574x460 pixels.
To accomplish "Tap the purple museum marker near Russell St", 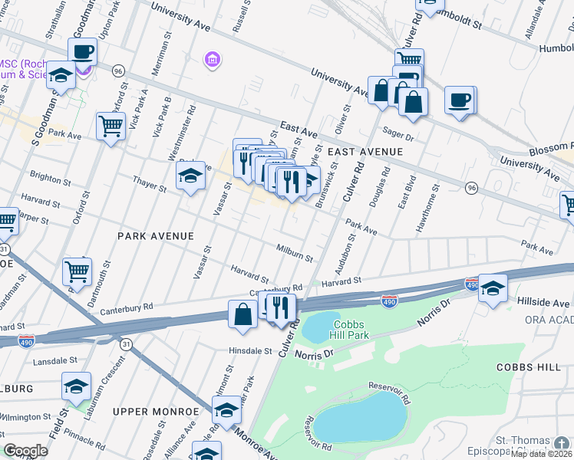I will (213, 59).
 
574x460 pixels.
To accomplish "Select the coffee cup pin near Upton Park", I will (83, 52).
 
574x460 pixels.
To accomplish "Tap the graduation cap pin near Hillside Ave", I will (493, 287).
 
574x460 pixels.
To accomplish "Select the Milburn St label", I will (295, 253).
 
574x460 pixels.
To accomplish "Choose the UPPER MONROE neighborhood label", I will (150, 412).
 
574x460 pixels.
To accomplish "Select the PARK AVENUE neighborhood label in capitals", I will (155, 236).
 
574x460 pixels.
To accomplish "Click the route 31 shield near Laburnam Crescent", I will (126, 344).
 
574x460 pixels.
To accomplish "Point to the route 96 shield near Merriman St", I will (118, 71).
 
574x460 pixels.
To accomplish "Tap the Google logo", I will (26, 451).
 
